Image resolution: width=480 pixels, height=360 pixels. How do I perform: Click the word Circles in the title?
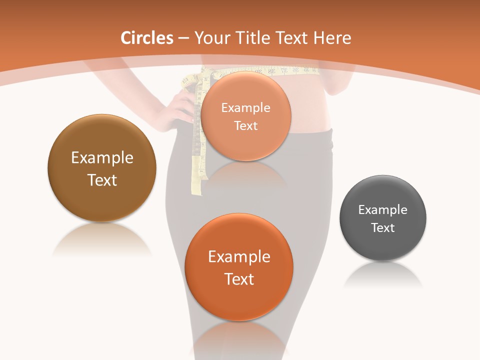[147, 38]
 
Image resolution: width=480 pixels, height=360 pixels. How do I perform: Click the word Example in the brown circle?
[102, 158]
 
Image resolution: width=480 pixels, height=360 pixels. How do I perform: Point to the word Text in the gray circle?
[383, 228]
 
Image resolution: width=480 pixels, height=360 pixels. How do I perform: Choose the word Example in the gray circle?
[383, 210]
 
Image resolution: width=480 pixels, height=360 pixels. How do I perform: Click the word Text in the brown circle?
[102, 180]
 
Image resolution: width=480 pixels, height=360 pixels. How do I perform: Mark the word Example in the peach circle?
[245, 108]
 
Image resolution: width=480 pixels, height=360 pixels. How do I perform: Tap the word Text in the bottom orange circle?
[239, 279]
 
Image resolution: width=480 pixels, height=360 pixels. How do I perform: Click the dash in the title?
[183, 38]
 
